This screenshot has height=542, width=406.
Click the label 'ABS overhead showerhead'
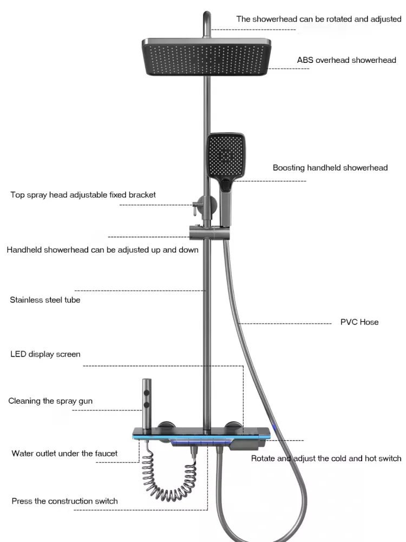tap(346, 60)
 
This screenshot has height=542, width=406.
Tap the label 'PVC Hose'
tap(359, 322)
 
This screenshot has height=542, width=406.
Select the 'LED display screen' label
tap(45, 354)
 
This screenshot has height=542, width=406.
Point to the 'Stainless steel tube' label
tap(45, 300)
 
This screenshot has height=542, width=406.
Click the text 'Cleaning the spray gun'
tap(50, 401)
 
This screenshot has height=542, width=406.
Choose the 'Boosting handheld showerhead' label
tap(330, 168)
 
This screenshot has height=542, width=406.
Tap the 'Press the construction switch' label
tap(64, 501)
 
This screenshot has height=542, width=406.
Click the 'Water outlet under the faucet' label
tap(64, 453)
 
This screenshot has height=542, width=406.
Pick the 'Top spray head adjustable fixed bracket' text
tap(83, 195)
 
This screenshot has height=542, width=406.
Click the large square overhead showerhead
tap(205, 60)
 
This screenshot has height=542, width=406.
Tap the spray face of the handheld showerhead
tap(226, 154)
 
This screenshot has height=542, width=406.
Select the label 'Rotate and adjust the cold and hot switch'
tap(326, 459)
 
